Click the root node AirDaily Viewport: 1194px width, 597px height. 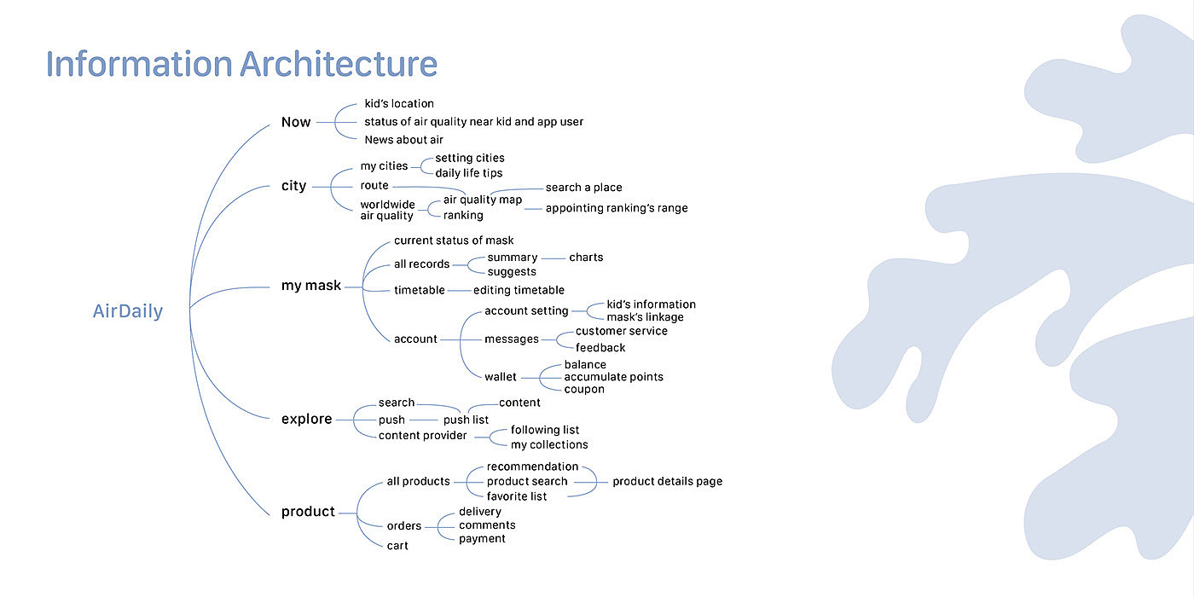click(x=127, y=312)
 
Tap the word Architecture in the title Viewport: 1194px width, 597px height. click(x=339, y=65)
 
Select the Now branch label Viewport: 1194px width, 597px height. click(x=296, y=122)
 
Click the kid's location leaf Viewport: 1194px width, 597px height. click(x=399, y=104)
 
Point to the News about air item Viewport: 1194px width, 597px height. click(x=403, y=140)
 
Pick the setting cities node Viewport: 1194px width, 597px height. click(x=469, y=158)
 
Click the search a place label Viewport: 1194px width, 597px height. click(x=583, y=188)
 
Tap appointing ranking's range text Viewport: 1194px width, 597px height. click(x=616, y=208)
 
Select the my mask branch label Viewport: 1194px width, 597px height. click(x=310, y=286)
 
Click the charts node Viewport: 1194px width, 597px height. click(x=586, y=258)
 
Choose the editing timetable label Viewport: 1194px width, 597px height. click(x=519, y=290)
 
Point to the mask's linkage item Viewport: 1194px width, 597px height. click(x=645, y=317)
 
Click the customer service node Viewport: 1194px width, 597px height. click(x=621, y=331)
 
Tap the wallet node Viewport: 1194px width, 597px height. click(x=501, y=377)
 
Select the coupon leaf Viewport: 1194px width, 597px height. click(x=584, y=389)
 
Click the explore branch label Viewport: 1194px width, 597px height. click(x=306, y=419)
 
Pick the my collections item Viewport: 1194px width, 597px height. click(x=549, y=444)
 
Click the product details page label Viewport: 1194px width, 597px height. click(x=667, y=481)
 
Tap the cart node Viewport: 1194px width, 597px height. click(x=397, y=546)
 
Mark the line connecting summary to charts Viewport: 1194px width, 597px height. click(x=554, y=258)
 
